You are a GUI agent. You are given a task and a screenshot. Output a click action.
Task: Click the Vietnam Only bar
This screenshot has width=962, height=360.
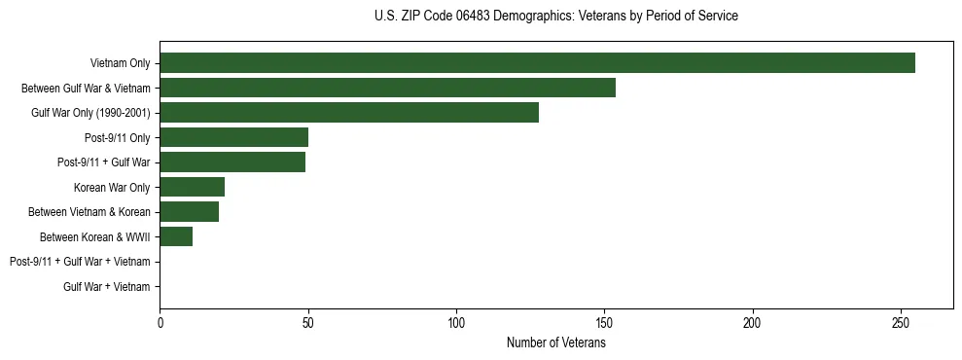pyautogui.click(x=537, y=63)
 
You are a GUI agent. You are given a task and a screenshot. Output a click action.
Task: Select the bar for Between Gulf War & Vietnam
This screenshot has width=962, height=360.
pyautogui.click(x=387, y=88)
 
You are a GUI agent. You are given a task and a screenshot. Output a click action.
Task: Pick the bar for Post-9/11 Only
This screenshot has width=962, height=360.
pyautogui.click(x=233, y=137)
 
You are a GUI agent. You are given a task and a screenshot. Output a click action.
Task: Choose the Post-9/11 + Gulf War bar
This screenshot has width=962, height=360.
pyautogui.click(x=232, y=162)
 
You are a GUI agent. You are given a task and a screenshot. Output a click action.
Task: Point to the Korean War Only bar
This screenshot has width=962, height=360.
pyautogui.click(x=192, y=187)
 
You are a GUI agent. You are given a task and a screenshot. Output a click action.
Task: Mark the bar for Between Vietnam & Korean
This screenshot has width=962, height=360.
pyautogui.click(x=189, y=211)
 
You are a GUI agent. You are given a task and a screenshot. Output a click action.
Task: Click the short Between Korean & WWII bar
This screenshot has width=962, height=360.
pyautogui.click(x=176, y=236)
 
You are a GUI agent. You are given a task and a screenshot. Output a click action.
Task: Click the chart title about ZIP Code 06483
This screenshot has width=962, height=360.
pyautogui.click(x=555, y=17)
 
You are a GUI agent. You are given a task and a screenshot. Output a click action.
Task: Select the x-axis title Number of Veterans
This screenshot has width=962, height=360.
pyautogui.click(x=555, y=342)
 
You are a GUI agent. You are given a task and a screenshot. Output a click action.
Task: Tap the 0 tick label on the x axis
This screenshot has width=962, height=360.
pyautogui.click(x=160, y=323)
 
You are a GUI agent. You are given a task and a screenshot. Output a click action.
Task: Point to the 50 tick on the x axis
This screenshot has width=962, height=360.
pyautogui.click(x=308, y=323)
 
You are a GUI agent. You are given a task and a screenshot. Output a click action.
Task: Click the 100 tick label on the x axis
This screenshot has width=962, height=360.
pyautogui.click(x=456, y=323)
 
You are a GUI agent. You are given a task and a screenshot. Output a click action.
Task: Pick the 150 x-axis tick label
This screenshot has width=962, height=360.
pyautogui.click(x=605, y=323)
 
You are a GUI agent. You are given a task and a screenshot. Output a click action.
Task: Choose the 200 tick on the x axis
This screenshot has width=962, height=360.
pyautogui.click(x=753, y=323)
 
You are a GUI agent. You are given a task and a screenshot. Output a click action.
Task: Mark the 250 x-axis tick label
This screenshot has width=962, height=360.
pyautogui.click(x=902, y=323)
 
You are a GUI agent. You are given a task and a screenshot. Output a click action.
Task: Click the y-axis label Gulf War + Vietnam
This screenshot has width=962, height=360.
pyautogui.click(x=107, y=286)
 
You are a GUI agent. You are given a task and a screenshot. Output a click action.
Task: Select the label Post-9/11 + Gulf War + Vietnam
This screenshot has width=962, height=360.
pyautogui.click(x=80, y=261)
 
